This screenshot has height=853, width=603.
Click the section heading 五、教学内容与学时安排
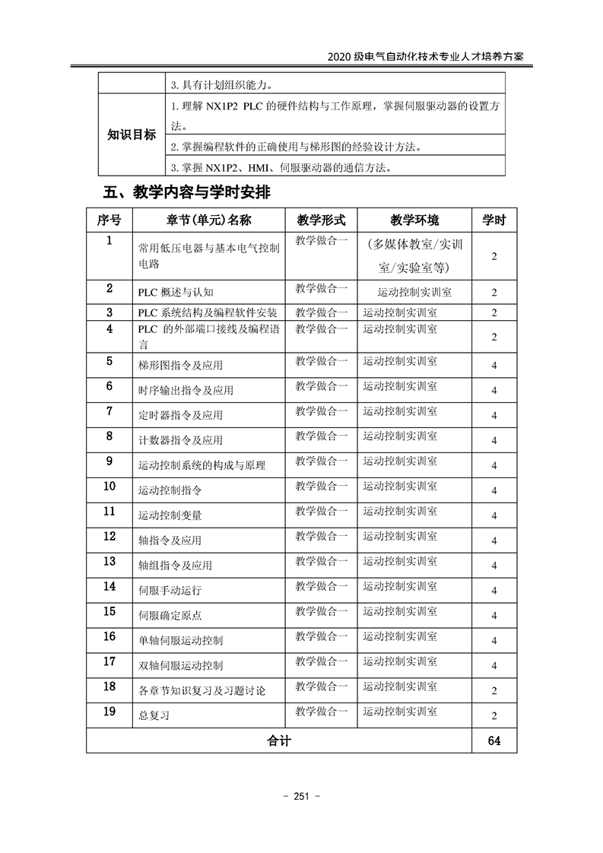coord(186,193)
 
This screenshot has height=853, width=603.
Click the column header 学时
coord(494,220)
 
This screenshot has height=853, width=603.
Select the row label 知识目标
coord(131,135)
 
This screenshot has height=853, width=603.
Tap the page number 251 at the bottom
coord(301,797)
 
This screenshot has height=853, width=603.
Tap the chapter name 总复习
coord(154,715)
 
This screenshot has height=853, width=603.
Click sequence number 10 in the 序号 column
coord(109,487)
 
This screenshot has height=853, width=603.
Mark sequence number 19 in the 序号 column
coord(109,712)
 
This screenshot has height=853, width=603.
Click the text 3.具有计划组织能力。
coord(221,85)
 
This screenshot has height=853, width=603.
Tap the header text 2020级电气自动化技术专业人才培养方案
coord(425,58)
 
